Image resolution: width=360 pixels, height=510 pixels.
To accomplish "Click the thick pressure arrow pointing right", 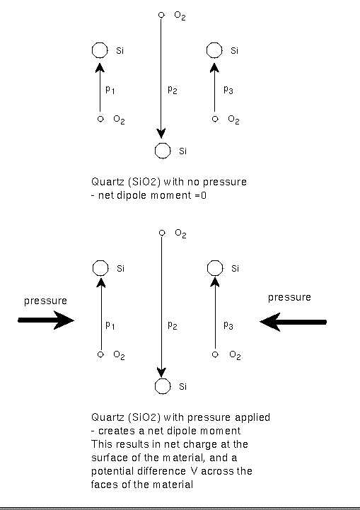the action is (x=46, y=320).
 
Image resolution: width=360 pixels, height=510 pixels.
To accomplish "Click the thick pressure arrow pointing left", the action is (x=293, y=322).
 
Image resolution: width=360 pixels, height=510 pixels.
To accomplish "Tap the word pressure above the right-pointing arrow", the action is (x=45, y=301).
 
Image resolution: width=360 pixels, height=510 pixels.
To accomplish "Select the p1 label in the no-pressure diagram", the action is (x=110, y=90).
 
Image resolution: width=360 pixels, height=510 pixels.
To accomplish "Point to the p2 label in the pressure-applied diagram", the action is (x=173, y=325).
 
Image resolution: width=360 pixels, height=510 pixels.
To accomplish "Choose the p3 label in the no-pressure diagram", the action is (x=228, y=90).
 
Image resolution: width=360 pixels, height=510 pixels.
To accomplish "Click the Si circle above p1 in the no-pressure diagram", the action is (x=100, y=50).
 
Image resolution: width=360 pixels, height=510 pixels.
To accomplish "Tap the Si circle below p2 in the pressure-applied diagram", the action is (x=163, y=386).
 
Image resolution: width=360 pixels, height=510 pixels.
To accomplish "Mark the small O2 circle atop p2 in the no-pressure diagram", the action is (x=161, y=15).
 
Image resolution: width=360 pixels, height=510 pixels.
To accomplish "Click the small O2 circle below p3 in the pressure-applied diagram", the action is (x=215, y=354).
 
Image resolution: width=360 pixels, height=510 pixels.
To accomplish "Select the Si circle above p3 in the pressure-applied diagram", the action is (x=215, y=268).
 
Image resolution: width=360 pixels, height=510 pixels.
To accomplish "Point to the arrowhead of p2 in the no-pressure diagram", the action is (x=161, y=134).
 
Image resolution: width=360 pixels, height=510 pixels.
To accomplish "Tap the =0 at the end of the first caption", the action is (x=201, y=195).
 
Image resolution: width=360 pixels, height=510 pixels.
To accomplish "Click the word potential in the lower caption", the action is (x=110, y=471).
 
